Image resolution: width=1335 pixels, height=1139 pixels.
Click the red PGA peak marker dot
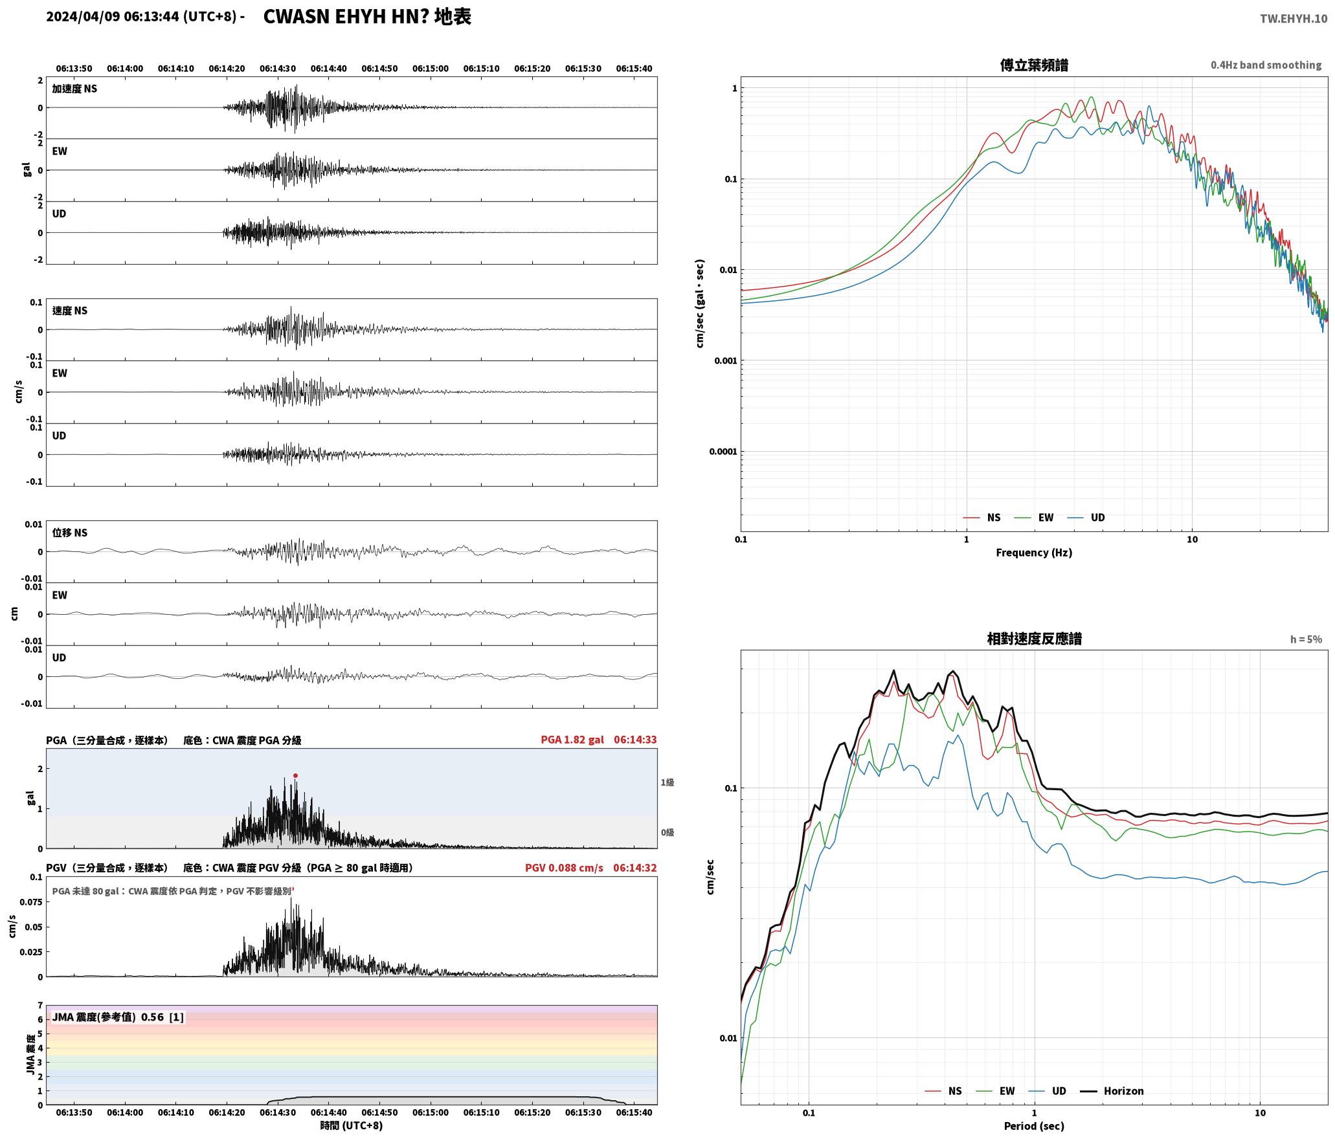pyautogui.click(x=295, y=775)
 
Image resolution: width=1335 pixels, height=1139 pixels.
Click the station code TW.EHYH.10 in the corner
pyautogui.click(x=1293, y=19)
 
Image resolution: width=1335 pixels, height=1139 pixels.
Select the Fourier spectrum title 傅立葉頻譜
pyautogui.click(x=1034, y=65)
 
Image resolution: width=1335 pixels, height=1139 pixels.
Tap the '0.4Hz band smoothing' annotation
pyautogui.click(x=1266, y=65)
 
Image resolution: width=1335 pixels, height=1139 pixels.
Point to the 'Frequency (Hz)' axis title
pyautogui.click(x=1033, y=553)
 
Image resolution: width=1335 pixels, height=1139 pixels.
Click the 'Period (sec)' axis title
pyautogui.click(x=1033, y=1126)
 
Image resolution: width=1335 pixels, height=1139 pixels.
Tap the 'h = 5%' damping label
pyautogui.click(x=1306, y=639)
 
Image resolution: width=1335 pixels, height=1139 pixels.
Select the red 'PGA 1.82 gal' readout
pyautogui.click(x=572, y=740)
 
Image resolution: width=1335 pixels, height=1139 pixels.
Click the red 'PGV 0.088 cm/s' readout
pyautogui.click(x=564, y=868)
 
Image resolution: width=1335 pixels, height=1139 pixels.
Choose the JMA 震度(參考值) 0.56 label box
pyautogui.click(x=118, y=1017)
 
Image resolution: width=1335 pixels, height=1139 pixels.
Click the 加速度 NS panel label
pyautogui.click(x=74, y=89)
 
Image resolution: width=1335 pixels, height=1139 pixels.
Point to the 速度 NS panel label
pyautogui.click(x=69, y=311)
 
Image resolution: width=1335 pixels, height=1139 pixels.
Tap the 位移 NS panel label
pyautogui.click(x=69, y=533)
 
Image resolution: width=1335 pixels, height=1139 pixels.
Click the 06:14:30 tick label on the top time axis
pyautogui.click(x=278, y=69)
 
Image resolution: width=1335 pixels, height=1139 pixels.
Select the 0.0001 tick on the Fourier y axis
pyautogui.click(x=723, y=452)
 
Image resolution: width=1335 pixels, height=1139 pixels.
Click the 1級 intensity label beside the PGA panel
pyautogui.click(x=667, y=782)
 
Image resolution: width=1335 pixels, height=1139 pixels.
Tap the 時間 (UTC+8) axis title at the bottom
pyautogui.click(x=351, y=1126)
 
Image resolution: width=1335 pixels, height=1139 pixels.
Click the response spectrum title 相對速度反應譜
pyautogui.click(x=1034, y=639)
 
